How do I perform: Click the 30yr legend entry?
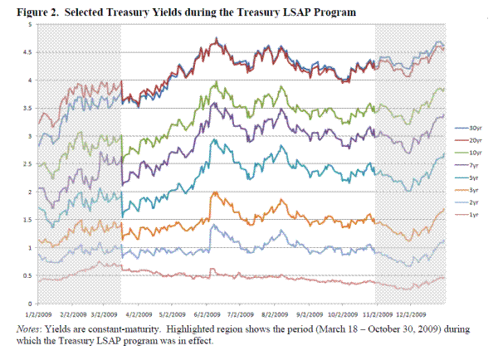(474, 129)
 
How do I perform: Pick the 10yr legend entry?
(474, 154)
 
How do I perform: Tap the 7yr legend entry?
(472, 167)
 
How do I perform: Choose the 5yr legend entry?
(472, 179)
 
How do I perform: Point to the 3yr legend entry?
(472, 192)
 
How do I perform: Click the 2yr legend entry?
(472, 204)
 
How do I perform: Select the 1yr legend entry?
(472, 216)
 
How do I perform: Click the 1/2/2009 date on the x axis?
(41, 314)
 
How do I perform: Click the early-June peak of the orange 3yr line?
(214, 192)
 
